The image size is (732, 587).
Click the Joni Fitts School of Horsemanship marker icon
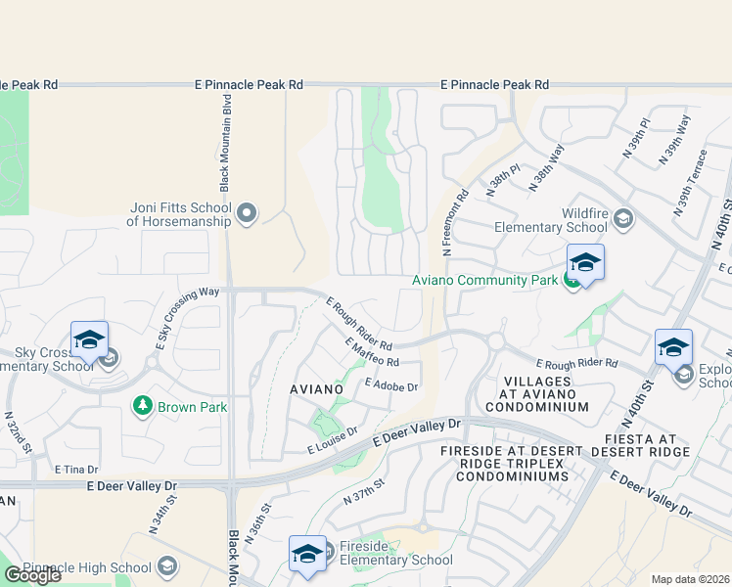247,212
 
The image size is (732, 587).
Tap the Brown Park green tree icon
143,404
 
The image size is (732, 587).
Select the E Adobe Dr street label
391,385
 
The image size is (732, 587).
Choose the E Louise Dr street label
333,440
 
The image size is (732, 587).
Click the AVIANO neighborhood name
316,389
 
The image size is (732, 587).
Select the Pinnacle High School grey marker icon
167,567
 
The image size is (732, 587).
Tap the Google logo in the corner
32,575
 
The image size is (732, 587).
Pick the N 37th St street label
365,491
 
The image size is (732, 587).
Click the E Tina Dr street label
71,471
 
